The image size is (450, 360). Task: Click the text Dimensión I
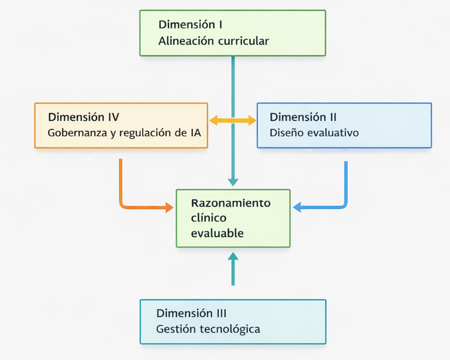pyautogui.click(x=190, y=24)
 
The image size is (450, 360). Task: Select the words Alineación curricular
pyautogui.click(x=213, y=41)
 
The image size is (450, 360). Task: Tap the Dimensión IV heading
pyautogui.click(x=83, y=117)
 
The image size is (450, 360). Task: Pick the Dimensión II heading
pyautogui.click(x=303, y=117)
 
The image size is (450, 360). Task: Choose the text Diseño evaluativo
pyautogui.click(x=314, y=133)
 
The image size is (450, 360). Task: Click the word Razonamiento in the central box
pyautogui.click(x=231, y=203)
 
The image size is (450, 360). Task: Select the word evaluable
pyautogui.click(x=217, y=233)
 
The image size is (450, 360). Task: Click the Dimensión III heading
pyautogui.click(x=192, y=313)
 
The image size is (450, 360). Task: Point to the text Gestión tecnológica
pyautogui.click(x=208, y=329)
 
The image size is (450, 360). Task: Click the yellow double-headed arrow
pyautogui.click(x=233, y=120)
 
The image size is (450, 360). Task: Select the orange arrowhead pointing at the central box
pyautogui.click(x=169, y=207)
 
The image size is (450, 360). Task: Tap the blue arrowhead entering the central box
pyautogui.click(x=298, y=207)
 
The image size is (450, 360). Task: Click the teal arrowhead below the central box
pyautogui.click(x=233, y=256)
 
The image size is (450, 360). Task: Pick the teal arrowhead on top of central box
pyautogui.click(x=233, y=182)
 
